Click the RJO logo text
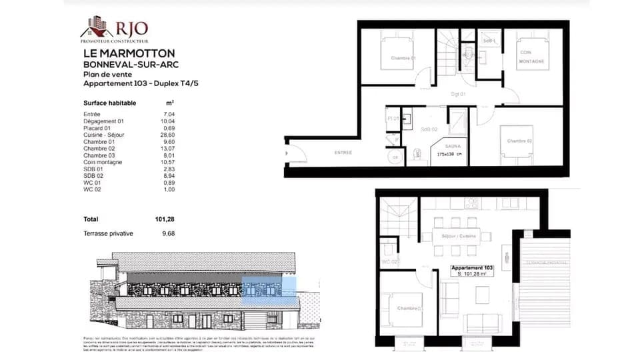(x=131, y=28)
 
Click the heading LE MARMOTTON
(x=129, y=53)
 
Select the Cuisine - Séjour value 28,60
(x=168, y=135)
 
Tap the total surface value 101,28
(x=165, y=219)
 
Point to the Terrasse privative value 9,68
(x=168, y=233)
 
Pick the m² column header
(x=170, y=103)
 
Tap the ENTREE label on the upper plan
(x=343, y=153)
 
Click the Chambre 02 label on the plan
(x=519, y=141)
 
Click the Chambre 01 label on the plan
(x=403, y=58)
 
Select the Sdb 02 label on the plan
(x=429, y=129)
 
